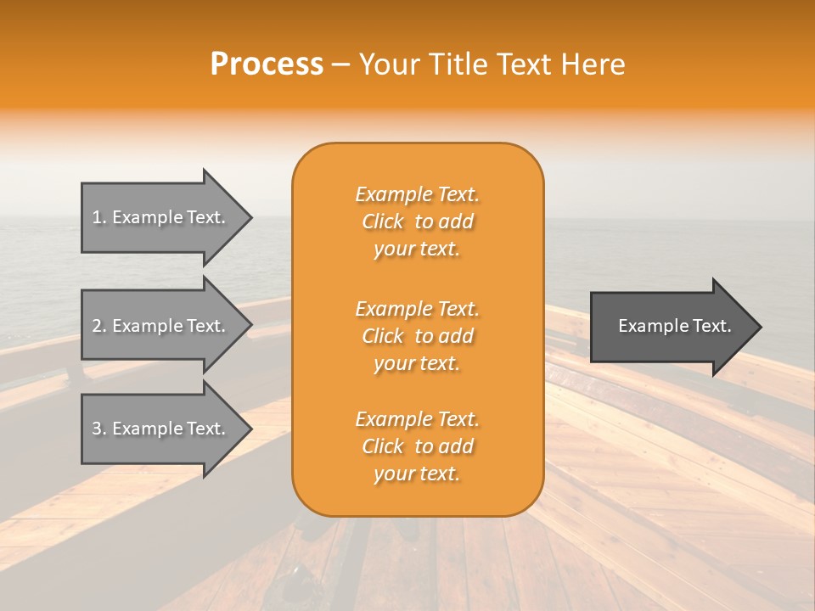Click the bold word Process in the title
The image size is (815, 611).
tap(267, 64)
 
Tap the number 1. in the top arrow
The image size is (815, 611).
tap(99, 218)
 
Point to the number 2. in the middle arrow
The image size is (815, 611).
tap(99, 326)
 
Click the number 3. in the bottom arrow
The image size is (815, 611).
tap(99, 429)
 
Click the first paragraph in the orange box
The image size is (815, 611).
tap(418, 221)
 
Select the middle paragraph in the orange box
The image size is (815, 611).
tap(418, 336)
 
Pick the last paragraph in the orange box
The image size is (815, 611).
tap(418, 446)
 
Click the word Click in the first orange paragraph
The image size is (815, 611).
tap(383, 222)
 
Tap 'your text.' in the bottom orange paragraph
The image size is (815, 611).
tap(417, 474)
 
